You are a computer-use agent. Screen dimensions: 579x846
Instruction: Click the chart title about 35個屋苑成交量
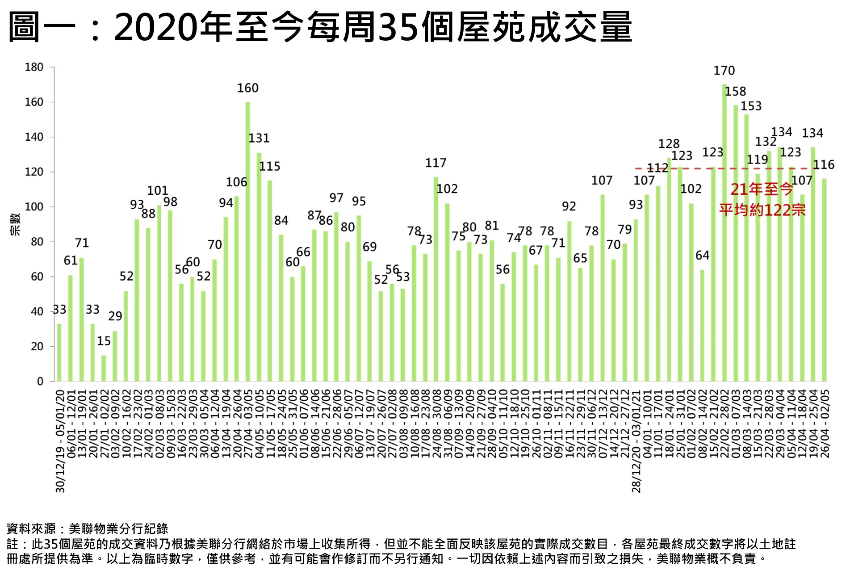[320, 27]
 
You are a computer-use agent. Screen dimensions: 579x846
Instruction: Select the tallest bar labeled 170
[724, 232]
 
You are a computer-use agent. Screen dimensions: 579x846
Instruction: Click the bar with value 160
[248, 241]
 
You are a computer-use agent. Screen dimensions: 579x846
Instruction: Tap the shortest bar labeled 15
[104, 368]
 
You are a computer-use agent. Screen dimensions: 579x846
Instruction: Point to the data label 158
[735, 92]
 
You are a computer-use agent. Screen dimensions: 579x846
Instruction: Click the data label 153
[751, 106]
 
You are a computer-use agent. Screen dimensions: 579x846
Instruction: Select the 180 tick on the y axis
[34, 67]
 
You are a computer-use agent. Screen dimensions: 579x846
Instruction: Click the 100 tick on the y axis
[34, 207]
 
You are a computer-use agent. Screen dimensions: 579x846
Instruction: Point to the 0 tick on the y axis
[40, 382]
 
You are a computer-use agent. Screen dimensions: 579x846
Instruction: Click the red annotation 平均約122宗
[762, 210]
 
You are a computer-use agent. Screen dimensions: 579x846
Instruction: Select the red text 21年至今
[762, 189]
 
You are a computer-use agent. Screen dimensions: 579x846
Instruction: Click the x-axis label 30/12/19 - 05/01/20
[61, 441]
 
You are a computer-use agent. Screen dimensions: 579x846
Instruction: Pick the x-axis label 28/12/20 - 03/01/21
[637, 441]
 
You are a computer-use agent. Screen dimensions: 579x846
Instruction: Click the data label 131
[259, 138]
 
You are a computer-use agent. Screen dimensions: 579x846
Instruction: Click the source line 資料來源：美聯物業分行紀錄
[88, 529]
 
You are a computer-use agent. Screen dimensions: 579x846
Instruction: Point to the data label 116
[824, 165]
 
